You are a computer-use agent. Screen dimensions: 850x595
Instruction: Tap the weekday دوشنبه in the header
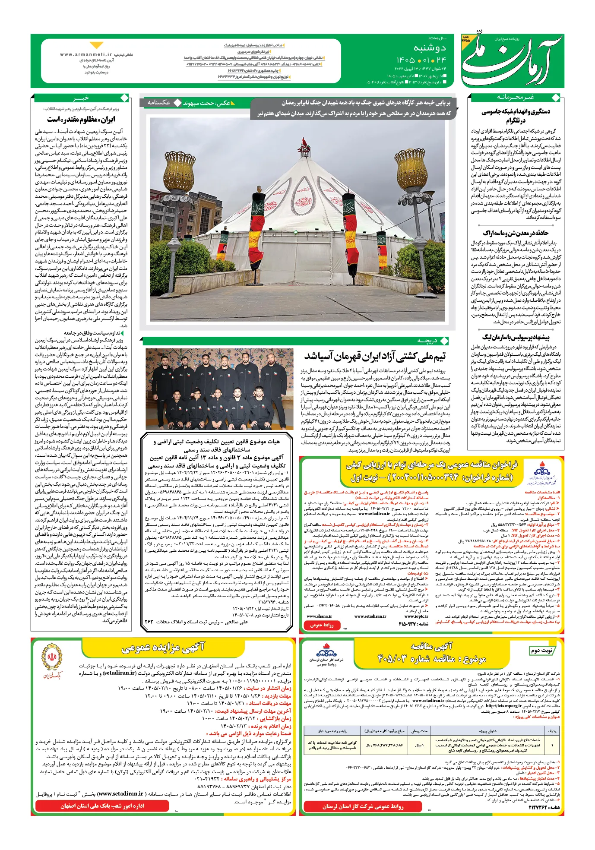(430, 48)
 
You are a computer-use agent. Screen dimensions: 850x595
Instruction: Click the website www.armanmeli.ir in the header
(86, 55)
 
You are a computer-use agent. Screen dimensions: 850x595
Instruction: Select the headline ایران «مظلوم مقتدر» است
(81, 120)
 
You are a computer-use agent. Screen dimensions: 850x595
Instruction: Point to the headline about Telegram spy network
(516, 116)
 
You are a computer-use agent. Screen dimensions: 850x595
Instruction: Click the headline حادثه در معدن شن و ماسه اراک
(516, 233)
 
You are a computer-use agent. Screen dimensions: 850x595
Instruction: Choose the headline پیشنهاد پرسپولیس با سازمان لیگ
(516, 337)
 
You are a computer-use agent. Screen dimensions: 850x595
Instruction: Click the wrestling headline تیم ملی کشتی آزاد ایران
(375, 357)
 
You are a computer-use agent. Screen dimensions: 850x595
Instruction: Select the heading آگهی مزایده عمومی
(163, 648)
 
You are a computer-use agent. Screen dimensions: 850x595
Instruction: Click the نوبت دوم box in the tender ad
(542, 650)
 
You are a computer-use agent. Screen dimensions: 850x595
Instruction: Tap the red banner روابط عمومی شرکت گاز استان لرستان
(363, 806)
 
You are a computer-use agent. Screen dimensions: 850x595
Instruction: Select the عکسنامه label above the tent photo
(158, 103)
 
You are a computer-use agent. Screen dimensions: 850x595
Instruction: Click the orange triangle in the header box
(96, 45)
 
